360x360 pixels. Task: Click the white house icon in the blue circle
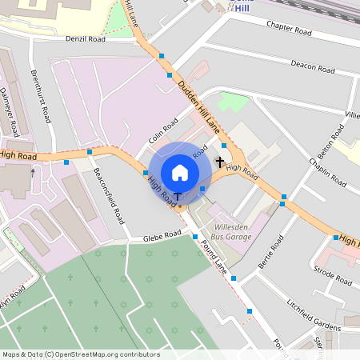click(x=180, y=172)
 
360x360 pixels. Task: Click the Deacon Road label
click(x=312, y=66)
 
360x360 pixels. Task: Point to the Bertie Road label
click(x=271, y=252)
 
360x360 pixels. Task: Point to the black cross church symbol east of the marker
click(x=220, y=162)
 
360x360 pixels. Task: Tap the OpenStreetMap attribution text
click(x=82, y=354)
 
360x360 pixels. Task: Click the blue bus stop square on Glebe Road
click(x=195, y=237)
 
